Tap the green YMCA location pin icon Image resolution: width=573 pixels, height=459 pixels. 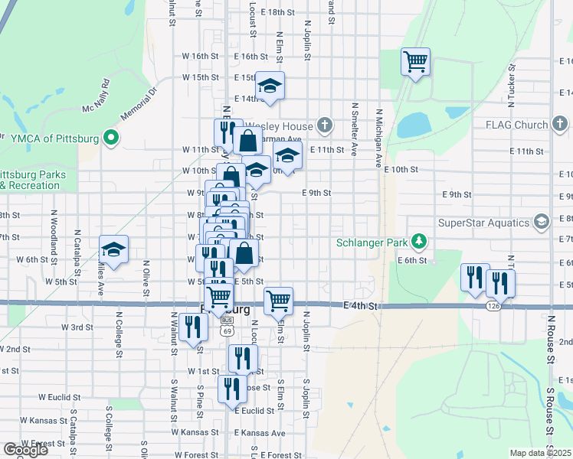point(110,138)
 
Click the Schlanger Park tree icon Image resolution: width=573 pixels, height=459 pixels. point(418,243)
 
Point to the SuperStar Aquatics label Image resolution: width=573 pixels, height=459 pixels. point(483,223)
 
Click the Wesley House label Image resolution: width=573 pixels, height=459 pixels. point(288,126)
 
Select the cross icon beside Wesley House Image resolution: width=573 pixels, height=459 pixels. point(325,125)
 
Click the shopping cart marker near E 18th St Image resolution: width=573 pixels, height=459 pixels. point(415,61)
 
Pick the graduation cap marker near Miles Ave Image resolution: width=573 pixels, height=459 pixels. point(113,249)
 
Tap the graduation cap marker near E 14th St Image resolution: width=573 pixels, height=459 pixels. point(270,86)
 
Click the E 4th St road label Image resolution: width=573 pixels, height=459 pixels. point(362,306)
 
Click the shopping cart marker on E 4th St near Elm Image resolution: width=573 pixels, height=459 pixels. point(278,300)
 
